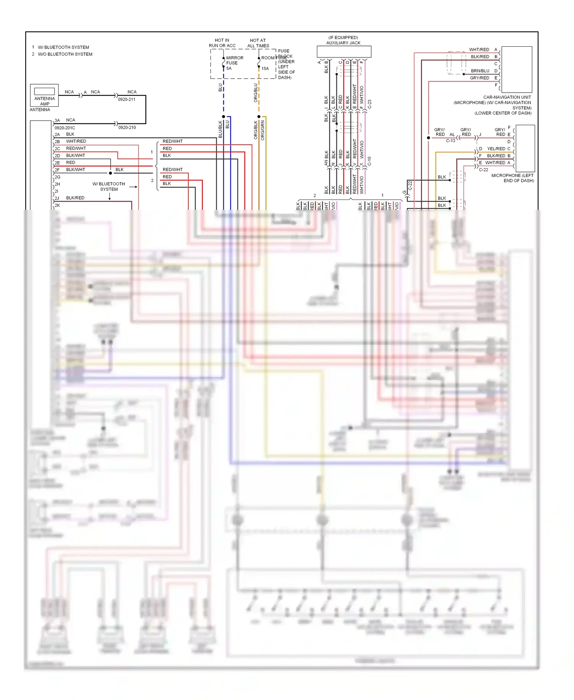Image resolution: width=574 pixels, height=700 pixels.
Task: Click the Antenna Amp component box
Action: pos(44,95)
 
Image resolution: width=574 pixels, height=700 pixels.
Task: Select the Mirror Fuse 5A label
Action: pos(234,63)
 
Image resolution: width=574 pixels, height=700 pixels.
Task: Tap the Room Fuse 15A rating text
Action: pos(265,69)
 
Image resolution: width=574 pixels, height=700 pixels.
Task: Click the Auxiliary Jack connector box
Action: pos(344,51)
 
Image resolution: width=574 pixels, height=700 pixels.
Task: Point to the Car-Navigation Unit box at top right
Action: pos(517,69)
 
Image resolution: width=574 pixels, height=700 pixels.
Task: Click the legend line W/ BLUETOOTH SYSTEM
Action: pos(63,47)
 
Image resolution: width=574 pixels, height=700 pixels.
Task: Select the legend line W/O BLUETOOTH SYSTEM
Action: pos(65,54)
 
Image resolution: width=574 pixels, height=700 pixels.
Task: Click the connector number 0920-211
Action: pos(127,100)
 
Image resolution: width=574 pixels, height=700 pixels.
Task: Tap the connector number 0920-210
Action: pos(127,128)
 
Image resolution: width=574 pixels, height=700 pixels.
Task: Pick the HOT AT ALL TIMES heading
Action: pos(258,43)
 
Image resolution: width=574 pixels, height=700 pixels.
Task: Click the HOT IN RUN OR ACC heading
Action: pos(222,43)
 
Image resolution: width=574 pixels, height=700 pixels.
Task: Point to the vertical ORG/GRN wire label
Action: pos(263,131)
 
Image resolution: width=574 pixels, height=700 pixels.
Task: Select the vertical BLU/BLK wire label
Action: pos(220,129)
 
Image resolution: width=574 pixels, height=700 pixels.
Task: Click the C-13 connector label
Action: pos(450,141)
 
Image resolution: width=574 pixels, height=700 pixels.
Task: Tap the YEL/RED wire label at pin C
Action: pos(496,149)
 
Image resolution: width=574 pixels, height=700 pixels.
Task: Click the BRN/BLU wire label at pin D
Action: pos(480,71)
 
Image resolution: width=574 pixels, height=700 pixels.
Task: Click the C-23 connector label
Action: pos(370,104)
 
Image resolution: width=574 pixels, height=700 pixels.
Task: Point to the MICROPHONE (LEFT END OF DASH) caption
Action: pos(512,178)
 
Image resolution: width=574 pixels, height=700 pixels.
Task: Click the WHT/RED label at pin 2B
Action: pos(76,141)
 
